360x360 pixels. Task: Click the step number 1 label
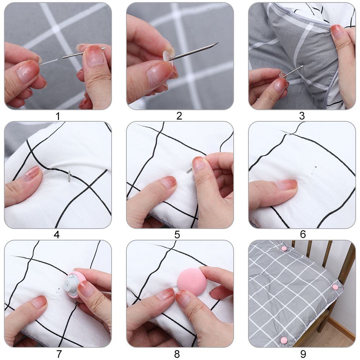57,116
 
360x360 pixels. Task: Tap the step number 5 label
177,235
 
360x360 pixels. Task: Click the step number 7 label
59,354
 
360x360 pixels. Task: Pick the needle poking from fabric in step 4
69,176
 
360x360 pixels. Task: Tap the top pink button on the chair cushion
284,248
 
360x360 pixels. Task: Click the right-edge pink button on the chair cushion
335,287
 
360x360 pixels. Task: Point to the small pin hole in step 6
315,167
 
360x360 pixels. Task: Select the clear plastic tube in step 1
48,62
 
